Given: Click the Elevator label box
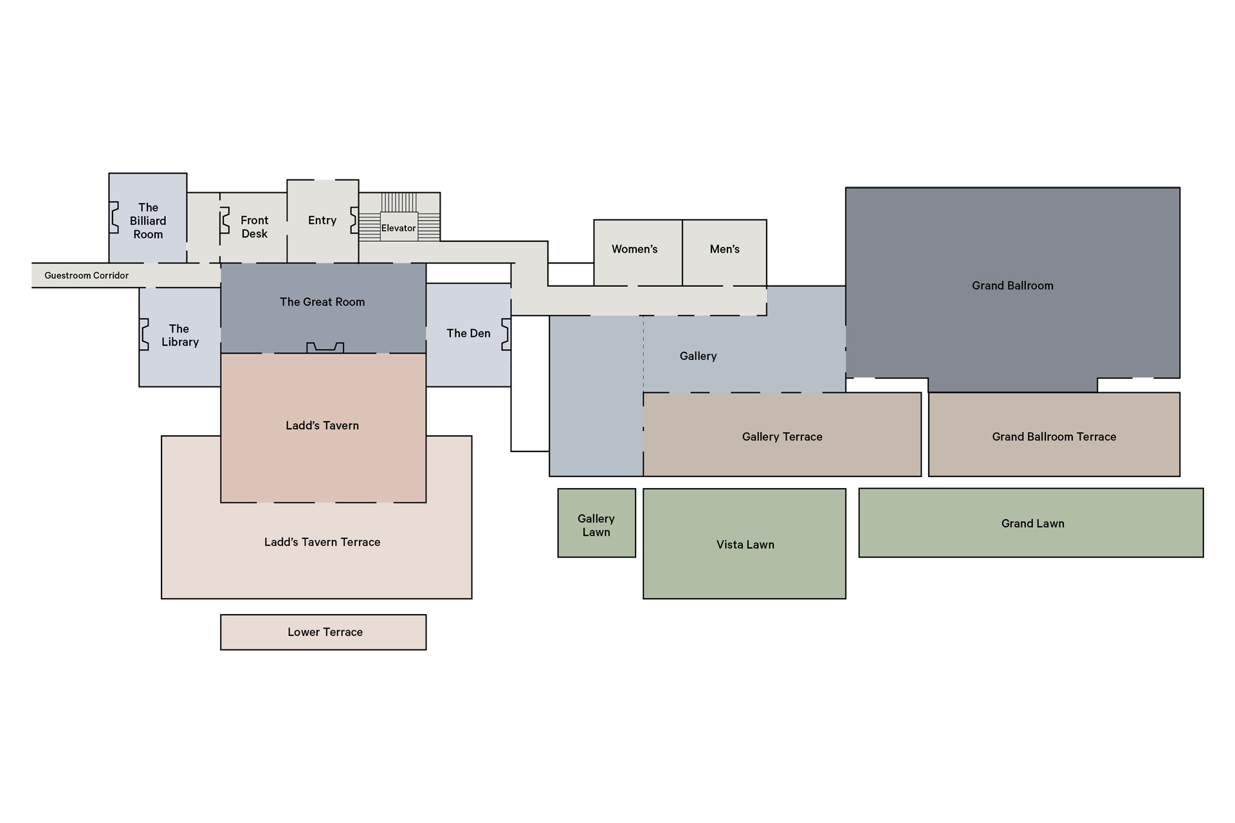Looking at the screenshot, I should click(399, 228).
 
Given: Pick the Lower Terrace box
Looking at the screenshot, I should click(324, 632).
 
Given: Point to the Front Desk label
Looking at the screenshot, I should click(254, 227).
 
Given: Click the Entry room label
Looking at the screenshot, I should click(322, 221).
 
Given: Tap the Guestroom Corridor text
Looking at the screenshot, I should click(86, 275).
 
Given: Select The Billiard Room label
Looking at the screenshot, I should click(148, 221).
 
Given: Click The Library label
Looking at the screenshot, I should click(179, 335).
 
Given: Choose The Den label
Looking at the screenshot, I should click(468, 333).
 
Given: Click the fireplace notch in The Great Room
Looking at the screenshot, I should click(325, 347).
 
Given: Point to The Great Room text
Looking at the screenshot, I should click(322, 302).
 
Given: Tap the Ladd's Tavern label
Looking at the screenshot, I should click(322, 425).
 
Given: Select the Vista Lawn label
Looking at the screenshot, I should click(745, 545).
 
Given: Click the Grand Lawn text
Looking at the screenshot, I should click(1032, 523).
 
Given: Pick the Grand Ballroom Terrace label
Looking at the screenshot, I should click(1054, 437).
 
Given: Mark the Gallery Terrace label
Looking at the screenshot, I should click(782, 437).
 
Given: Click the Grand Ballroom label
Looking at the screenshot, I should click(1012, 285).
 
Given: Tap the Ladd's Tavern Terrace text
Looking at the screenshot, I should click(322, 542).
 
